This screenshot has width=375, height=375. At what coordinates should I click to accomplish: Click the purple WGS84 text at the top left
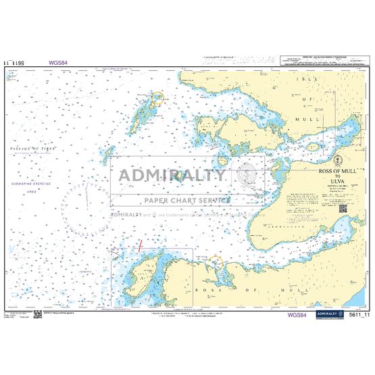click(58, 64)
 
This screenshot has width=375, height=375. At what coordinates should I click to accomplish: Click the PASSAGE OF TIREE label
click(31, 148)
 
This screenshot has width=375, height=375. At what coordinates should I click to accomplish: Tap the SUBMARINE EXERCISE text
click(31, 184)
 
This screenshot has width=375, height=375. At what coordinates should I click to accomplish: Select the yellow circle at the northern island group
click(157, 98)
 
